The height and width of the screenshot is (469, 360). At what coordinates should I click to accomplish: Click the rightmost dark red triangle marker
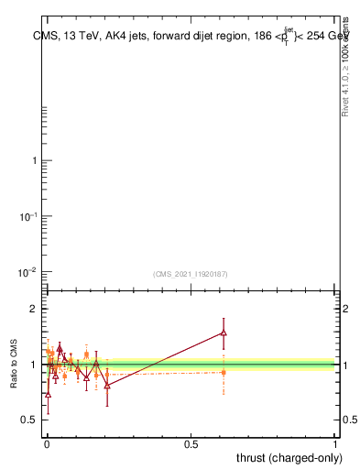[223, 333]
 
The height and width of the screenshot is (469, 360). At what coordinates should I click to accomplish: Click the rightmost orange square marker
[223, 372]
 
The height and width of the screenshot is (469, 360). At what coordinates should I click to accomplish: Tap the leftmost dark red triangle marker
[48, 394]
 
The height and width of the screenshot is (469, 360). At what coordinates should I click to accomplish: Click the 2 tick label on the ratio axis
[32, 309]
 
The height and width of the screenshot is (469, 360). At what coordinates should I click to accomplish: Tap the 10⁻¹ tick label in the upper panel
[27, 215]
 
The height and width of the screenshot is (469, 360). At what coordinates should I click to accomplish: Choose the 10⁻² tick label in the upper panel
[27, 271]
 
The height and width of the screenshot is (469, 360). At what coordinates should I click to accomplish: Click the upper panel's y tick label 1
[33, 161]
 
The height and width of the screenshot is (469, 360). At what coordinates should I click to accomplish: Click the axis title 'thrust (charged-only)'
[287, 457]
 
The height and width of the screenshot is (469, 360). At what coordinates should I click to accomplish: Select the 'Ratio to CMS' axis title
[14, 365]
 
